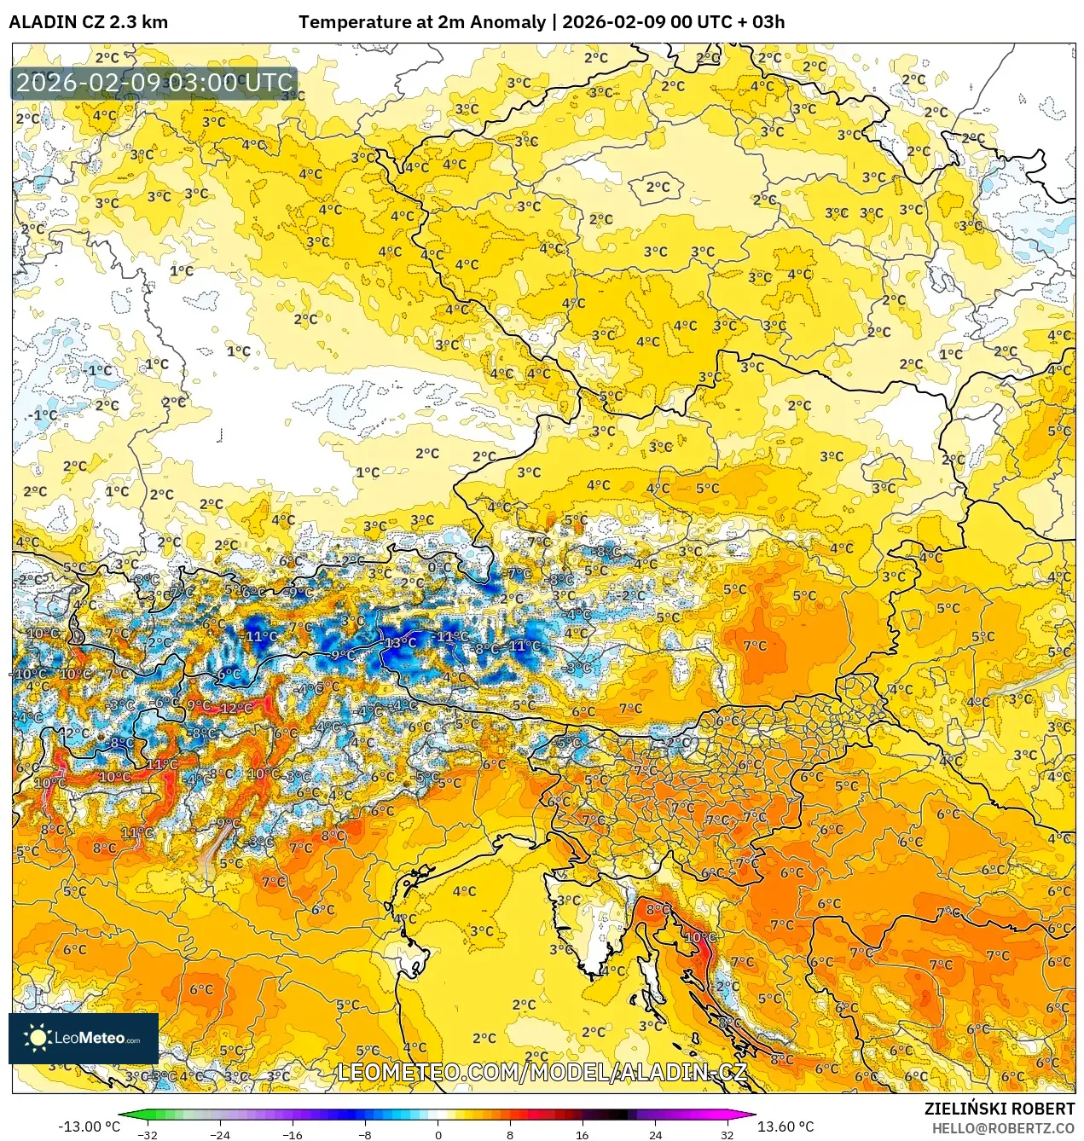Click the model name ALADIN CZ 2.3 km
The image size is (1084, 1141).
pos(88,22)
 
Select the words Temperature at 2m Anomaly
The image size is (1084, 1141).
pos(421,22)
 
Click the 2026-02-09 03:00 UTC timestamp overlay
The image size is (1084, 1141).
pos(154,83)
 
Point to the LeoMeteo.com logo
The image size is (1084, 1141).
pos(84,1038)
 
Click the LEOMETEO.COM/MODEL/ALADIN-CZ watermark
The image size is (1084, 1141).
pos(542,1072)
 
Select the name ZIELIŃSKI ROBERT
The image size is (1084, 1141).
pos(999,1109)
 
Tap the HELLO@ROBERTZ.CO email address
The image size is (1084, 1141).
pos(1003,1128)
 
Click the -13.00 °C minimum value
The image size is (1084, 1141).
pos(89,1127)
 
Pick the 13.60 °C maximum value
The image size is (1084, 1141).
pos(785,1127)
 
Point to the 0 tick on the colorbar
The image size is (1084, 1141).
pos(438,1134)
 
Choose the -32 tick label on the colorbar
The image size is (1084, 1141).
pos(148,1134)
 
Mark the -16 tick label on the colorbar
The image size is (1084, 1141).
pos(293,1134)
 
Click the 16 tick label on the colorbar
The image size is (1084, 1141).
pos(583,1134)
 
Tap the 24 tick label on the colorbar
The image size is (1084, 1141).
pos(655,1134)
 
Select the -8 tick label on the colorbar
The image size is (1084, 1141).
pos(365,1134)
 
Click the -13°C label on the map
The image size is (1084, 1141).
pos(400,642)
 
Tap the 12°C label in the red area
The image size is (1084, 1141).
pos(235,708)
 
